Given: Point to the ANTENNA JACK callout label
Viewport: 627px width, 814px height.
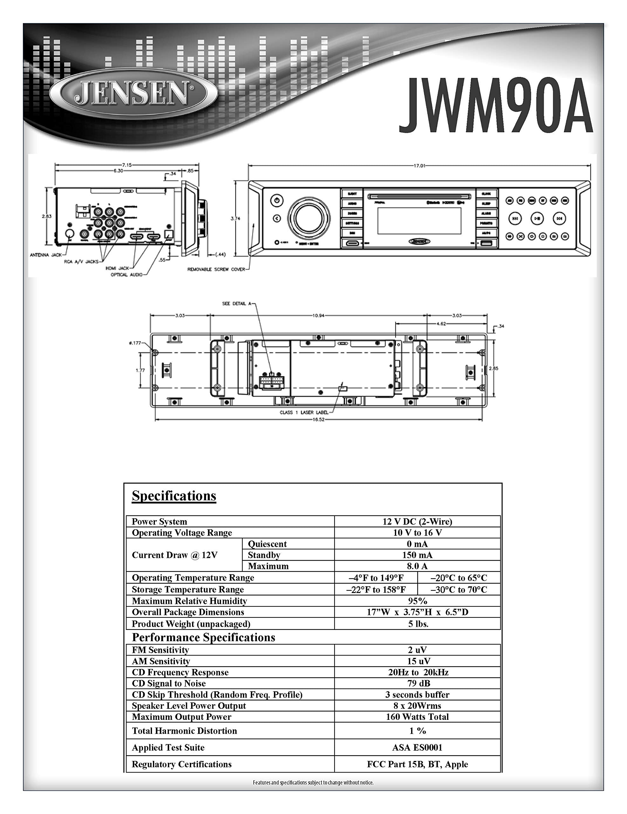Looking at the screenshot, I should click(45, 255).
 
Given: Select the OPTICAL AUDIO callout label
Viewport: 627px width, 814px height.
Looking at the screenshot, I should click(126, 275).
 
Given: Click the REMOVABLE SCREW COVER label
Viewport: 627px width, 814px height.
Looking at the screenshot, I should click(216, 269).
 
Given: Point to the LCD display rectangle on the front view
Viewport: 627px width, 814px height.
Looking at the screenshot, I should click(419, 221).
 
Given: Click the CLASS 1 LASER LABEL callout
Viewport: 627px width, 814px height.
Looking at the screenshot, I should click(304, 412).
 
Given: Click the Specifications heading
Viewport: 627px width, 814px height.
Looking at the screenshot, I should click(174, 496).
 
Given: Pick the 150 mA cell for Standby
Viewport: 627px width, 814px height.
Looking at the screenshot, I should click(417, 555).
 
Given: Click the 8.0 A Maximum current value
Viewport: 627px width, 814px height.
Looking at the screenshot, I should click(417, 566).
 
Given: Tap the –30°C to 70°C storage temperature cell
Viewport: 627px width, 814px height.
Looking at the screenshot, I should click(458, 589).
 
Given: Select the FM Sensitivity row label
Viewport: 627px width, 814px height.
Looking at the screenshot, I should click(160, 650).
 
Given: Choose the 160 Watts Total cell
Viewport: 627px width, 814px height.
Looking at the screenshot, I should click(417, 717).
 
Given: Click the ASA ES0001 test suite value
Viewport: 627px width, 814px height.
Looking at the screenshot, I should click(417, 747).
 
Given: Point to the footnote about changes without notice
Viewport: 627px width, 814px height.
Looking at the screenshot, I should click(313, 782).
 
